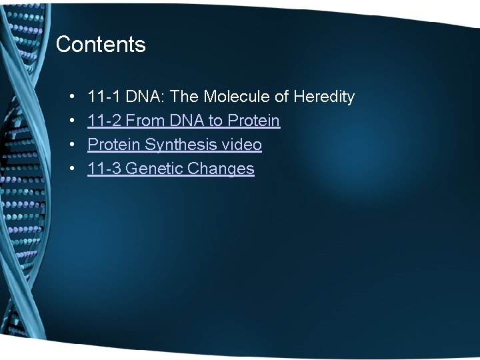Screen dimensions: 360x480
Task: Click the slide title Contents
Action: coord(101,45)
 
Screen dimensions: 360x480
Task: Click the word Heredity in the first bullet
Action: coord(323,97)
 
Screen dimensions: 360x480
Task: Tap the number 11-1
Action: coord(104,97)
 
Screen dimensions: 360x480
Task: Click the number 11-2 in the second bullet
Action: coord(104,121)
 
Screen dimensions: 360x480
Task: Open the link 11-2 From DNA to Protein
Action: coord(183,121)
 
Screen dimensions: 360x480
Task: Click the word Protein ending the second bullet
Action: coord(254,121)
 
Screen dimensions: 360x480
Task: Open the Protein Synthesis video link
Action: coord(174,145)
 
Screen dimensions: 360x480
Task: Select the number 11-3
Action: coord(104,169)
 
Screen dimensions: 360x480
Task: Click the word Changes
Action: coord(221,169)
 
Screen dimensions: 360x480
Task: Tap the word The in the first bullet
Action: coord(185,97)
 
